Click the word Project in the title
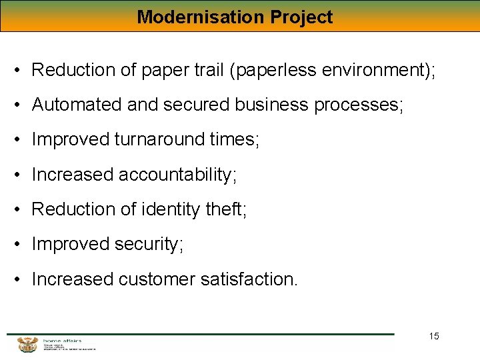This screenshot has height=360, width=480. (x=301, y=17)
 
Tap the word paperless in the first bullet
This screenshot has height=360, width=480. (x=274, y=69)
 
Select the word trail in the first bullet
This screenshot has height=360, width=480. (x=207, y=69)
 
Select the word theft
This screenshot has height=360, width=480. (x=226, y=209)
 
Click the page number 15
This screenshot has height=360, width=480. (x=434, y=336)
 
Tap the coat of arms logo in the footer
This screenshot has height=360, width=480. (x=27, y=344)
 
